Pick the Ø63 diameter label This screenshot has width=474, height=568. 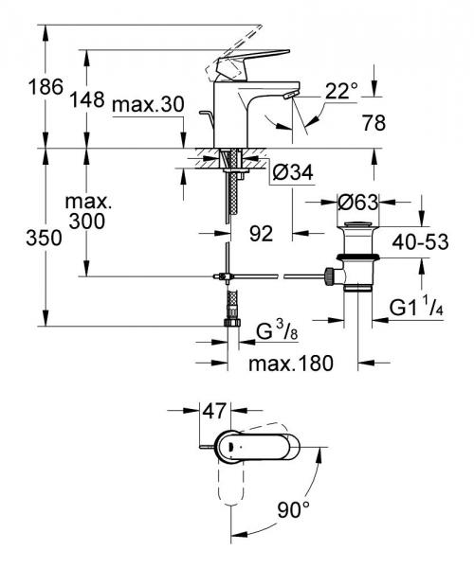[361, 202]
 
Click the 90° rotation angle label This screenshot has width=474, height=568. [294, 510]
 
